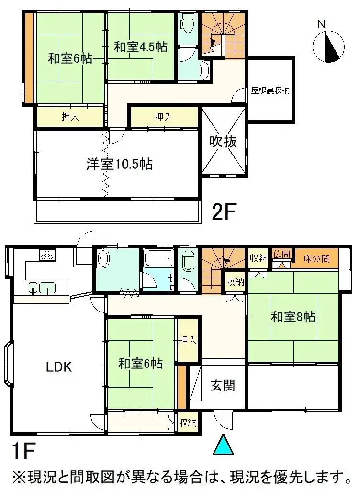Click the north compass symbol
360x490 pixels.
point(329,46)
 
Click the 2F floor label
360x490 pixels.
point(225,212)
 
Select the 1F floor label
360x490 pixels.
point(23,451)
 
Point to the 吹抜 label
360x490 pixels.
point(223,142)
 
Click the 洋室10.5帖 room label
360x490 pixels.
point(119,164)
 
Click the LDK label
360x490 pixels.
point(59,367)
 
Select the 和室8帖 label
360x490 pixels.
point(293,316)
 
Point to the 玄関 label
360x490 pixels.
point(223,385)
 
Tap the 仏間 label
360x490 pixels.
point(281,255)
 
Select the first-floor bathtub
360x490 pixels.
point(158,260)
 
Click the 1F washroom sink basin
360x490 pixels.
point(103,261)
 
